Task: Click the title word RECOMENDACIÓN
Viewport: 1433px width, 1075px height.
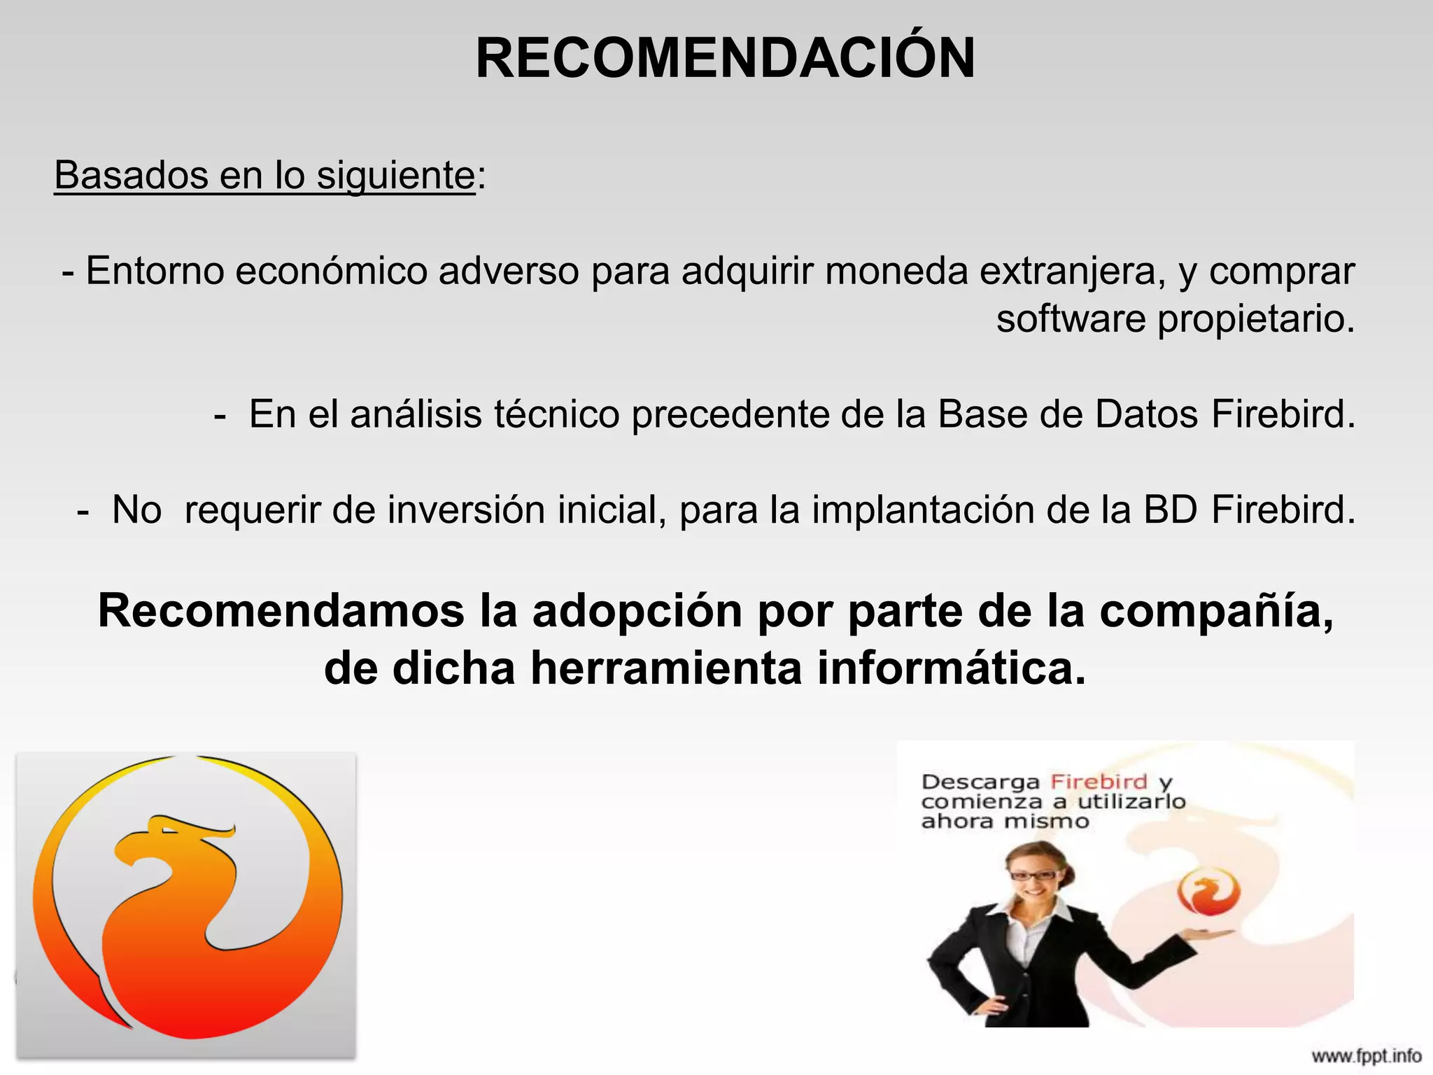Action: [725, 59]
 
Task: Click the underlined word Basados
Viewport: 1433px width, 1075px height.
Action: [131, 175]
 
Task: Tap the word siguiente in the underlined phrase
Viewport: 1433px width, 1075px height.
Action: [396, 175]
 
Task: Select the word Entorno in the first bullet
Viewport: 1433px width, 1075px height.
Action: [155, 271]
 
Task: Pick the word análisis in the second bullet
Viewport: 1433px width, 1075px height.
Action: [416, 414]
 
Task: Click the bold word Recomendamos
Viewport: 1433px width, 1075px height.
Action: [281, 611]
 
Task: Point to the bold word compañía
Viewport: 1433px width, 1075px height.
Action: [1216, 611]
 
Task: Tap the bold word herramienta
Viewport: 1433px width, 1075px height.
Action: [666, 668]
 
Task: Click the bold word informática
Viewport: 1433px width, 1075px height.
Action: [952, 668]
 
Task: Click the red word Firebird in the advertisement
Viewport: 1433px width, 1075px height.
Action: [1099, 782]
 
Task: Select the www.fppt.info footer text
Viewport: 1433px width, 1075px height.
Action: [1366, 1055]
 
